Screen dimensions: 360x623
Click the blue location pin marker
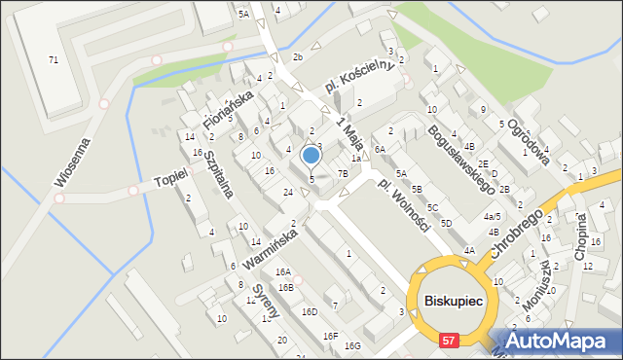[x=311, y=156]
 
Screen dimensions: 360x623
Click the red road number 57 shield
[x=448, y=341]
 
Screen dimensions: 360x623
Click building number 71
[x=54, y=60]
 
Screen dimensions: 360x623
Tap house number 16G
[x=352, y=345]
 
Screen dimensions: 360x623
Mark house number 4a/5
[x=492, y=216]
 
